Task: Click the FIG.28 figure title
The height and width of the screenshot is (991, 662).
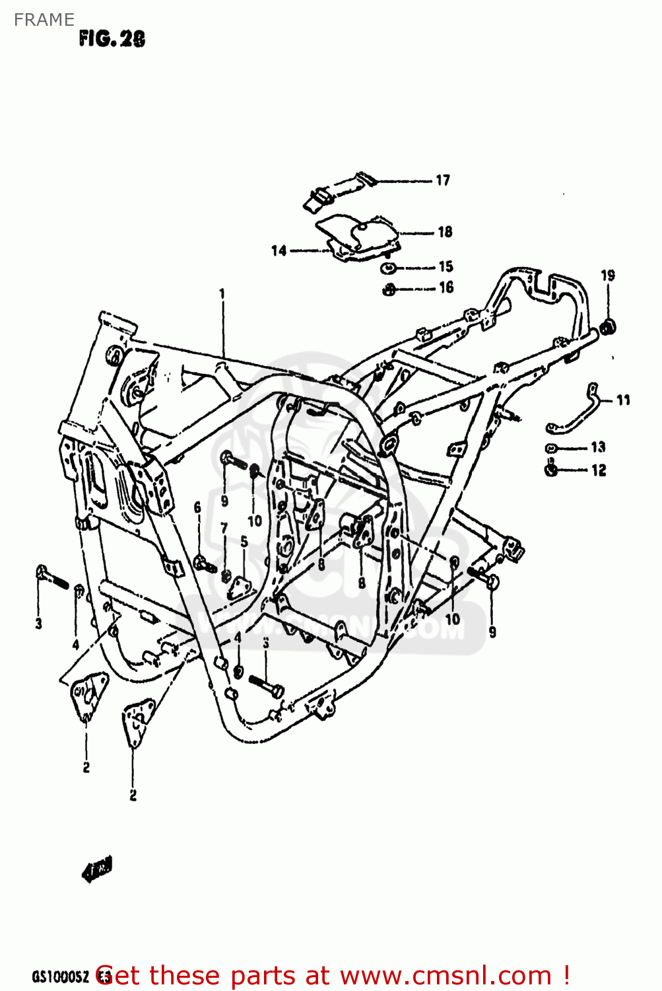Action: click(x=112, y=39)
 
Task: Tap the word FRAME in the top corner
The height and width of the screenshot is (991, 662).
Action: click(x=44, y=20)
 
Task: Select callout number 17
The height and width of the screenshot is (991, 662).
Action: click(x=443, y=180)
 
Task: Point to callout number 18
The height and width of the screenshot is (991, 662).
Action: click(x=445, y=232)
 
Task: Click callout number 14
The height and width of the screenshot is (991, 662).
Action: click(x=279, y=250)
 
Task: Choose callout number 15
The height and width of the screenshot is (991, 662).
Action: click(x=446, y=266)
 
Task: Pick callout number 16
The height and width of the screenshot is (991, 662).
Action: click(x=446, y=287)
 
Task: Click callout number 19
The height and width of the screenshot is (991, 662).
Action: click(x=608, y=275)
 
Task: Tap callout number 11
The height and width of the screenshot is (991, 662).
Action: click(x=623, y=400)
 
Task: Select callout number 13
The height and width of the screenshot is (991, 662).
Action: click(x=598, y=447)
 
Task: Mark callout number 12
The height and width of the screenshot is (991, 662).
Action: click(x=599, y=470)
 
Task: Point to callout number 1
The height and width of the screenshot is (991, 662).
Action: click(x=222, y=293)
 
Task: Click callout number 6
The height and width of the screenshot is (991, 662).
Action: click(x=197, y=507)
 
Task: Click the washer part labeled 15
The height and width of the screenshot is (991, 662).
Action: click(x=389, y=268)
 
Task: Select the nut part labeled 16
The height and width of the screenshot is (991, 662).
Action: click(x=389, y=289)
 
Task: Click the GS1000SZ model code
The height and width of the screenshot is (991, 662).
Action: click(x=59, y=976)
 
